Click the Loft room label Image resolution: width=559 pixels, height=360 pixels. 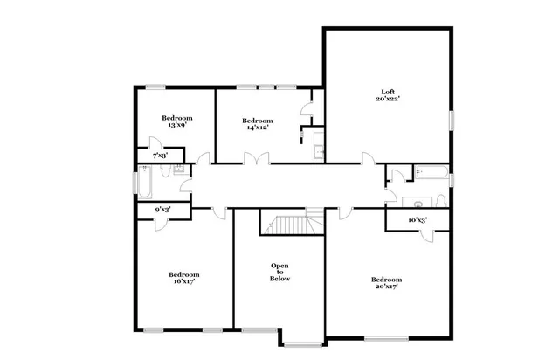pyautogui.click(x=388, y=95)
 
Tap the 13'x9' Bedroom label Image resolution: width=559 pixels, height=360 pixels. pyautogui.click(x=177, y=121)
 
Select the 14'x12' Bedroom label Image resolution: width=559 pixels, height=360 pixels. pyautogui.click(x=257, y=123)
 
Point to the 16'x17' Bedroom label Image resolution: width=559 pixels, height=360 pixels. pyautogui.click(x=183, y=278)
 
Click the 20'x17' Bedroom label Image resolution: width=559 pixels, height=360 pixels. pyautogui.click(x=387, y=282)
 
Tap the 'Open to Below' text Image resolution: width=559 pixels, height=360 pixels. pyautogui.click(x=279, y=272)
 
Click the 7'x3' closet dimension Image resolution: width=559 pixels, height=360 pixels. pyautogui.click(x=161, y=155)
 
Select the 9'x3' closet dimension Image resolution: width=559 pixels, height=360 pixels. pyautogui.click(x=162, y=210)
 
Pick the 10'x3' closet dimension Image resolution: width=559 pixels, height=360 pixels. pyautogui.click(x=418, y=220)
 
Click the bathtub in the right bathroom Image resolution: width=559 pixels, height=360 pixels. pyautogui.click(x=432, y=172)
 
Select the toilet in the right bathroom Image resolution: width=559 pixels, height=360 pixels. pyautogui.click(x=418, y=203)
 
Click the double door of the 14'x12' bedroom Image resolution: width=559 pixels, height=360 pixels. pyautogui.click(x=257, y=159)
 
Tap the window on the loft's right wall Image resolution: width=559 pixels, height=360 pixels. pyautogui.click(x=451, y=121)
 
